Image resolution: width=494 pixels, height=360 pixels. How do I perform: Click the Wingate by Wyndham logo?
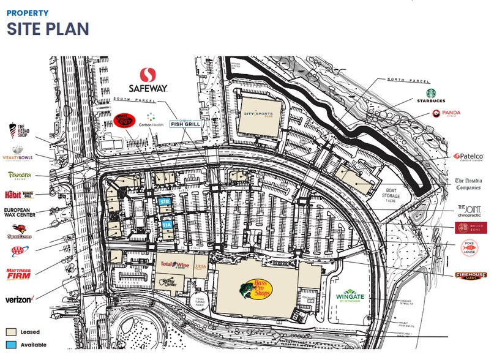pyautogui.click(x=350, y=296)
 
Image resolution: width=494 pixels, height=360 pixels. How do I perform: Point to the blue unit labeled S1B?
pyautogui.click(x=164, y=201)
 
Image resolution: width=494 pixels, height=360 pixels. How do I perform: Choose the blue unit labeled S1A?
pyautogui.click(x=168, y=225)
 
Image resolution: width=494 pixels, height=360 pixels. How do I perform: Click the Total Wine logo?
pyautogui.click(x=172, y=264)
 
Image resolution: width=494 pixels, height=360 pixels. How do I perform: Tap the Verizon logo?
pyautogui.click(x=19, y=299)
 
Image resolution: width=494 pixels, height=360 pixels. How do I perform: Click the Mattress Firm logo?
pyautogui.click(x=18, y=273)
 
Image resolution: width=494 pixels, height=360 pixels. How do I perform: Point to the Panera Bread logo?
pyautogui.click(x=20, y=176)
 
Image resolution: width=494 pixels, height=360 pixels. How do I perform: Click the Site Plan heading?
pyautogui.click(x=48, y=29)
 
